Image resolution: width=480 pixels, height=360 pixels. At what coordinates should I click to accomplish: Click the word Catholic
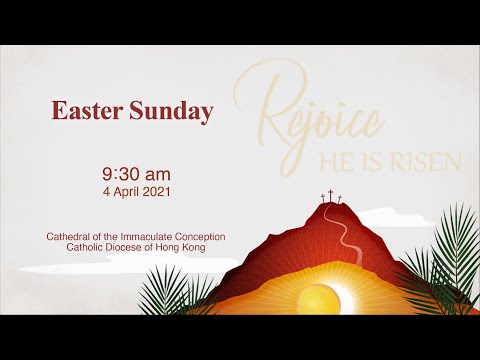click(86, 247)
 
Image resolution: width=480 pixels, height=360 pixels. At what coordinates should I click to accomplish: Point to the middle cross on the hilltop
click(331, 197)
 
